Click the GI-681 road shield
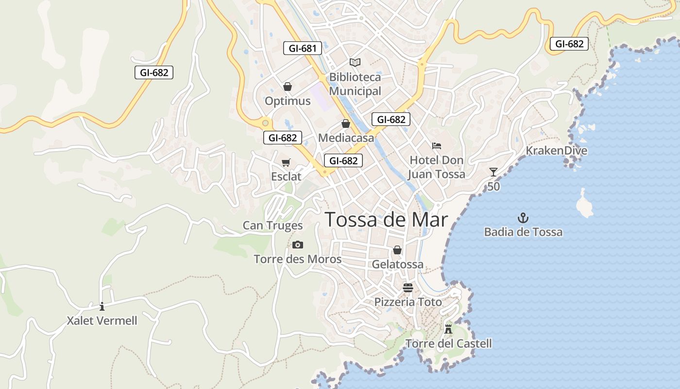point(303,48)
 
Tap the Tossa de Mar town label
point(386,220)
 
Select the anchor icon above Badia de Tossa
point(523,217)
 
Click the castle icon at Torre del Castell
point(448,328)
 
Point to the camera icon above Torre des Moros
point(298,245)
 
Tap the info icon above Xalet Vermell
point(102,306)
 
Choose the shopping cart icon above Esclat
point(286,162)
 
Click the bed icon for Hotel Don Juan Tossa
point(437,145)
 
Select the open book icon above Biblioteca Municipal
point(355,62)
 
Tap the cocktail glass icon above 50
point(493,172)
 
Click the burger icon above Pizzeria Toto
point(408,287)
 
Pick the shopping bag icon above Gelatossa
point(397,250)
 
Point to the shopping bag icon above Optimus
point(288,87)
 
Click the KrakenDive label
point(556,151)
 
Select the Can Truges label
point(272,226)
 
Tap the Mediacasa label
point(346,138)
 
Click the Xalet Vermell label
point(102,321)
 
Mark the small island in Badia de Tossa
point(584,203)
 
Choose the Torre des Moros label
point(298,259)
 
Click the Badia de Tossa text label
point(523,232)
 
